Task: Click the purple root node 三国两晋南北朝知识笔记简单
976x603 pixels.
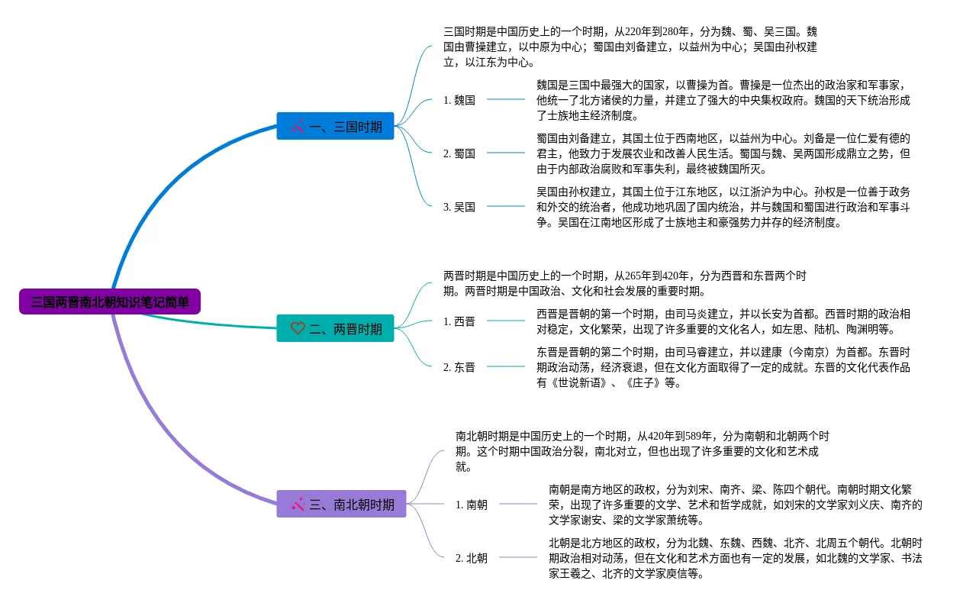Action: (110, 301)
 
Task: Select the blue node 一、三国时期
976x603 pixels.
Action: (335, 127)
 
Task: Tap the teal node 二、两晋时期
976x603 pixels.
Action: (335, 329)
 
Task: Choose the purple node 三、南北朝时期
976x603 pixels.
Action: (341, 504)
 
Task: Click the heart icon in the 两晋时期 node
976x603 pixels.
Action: (298, 329)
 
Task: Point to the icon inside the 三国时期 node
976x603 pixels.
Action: (298, 127)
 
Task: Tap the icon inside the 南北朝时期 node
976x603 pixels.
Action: (298, 504)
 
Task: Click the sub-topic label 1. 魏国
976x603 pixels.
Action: (459, 100)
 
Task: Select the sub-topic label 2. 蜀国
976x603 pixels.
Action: (459, 153)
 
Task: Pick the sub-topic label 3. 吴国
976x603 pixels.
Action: (459, 207)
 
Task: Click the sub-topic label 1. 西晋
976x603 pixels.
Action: (459, 321)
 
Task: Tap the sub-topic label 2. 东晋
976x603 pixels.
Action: (459, 367)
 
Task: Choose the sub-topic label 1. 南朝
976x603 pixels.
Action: (472, 505)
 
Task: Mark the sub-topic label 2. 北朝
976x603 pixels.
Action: (472, 558)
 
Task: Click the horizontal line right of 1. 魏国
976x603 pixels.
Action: (506, 99)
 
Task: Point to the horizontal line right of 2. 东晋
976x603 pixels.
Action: (506, 366)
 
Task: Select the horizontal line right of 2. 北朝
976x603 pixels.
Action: (518, 557)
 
